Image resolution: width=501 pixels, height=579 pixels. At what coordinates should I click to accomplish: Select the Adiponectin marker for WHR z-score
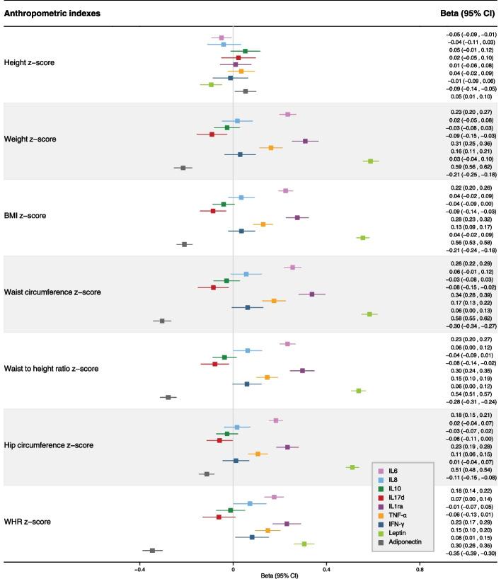152,550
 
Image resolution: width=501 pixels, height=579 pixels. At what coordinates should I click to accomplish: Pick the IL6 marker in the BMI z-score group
285,190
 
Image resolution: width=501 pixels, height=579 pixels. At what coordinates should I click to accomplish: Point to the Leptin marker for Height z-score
211,84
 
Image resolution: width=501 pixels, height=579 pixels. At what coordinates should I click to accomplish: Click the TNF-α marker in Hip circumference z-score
258,454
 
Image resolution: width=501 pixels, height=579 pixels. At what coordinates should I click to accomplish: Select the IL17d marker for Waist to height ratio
215,364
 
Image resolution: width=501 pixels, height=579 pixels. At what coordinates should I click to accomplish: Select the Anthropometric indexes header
53,13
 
